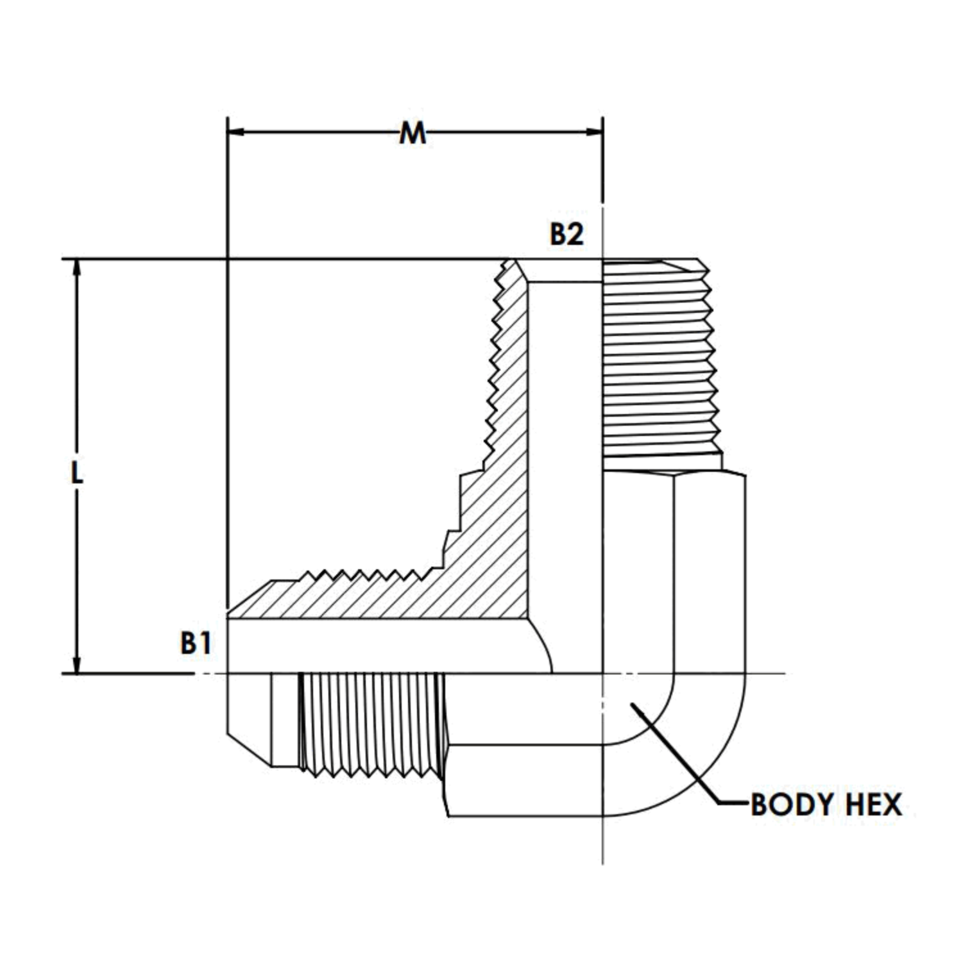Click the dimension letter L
(77, 474)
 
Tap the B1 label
(196, 643)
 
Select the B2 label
(566, 235)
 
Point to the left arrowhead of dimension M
(237, 133)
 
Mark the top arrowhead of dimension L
(78, 269)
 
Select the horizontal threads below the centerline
(371, 724)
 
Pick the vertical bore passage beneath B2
(565, 449)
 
